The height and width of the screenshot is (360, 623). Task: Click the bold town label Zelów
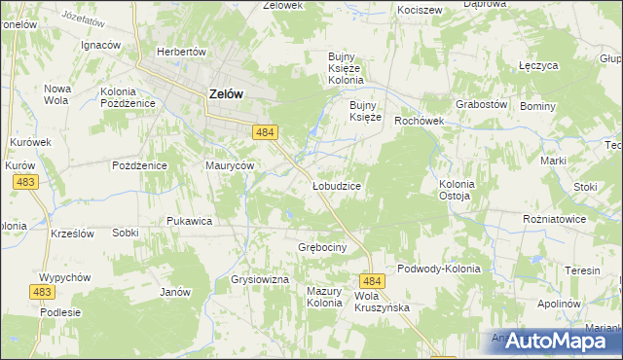pos(225,94)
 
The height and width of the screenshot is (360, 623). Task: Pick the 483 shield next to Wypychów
pos(42,292)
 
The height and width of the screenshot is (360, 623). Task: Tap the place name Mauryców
pos(230,165)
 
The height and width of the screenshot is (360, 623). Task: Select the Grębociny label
pos(322,248)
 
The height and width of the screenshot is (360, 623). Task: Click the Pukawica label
pos(189,221)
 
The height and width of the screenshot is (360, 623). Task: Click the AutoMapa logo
pos(551,341)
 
